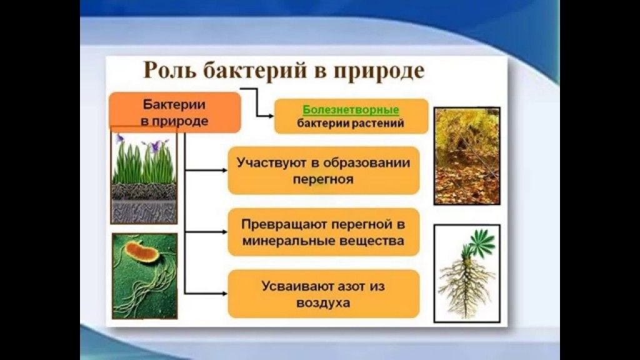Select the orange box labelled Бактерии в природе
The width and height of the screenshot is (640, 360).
click(x=175, y=112)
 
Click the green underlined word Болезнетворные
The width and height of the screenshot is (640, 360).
click(x=351, y=110)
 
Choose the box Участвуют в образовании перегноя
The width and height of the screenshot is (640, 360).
click(x=323, y=171)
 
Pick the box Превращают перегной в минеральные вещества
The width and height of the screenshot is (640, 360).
click(x=323, y=232)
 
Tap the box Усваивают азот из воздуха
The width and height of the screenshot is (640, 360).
click(x=323, y=294)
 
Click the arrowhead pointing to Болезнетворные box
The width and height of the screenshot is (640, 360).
click(x=271, y=116)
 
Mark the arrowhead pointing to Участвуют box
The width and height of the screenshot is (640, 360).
click(x=225, y=170)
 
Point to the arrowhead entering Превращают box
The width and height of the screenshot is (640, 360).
click(x=225, y=232)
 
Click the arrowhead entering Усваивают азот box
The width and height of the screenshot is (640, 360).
click(x=225, y=294)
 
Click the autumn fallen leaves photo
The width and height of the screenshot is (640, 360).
click(x=467, y=156)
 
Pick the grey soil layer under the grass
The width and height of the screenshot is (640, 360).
click(x=144, y=211)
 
